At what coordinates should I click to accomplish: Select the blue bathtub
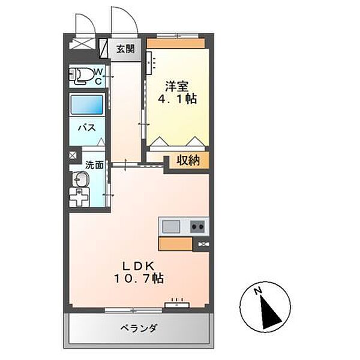point(87,105)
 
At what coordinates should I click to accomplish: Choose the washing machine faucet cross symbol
point(79,197)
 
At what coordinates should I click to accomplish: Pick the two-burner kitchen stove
point(197,226)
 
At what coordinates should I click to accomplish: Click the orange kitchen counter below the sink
point(175,244)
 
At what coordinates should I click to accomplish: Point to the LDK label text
point(140,266)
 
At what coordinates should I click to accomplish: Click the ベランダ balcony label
point(139,328)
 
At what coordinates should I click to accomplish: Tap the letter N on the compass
point(257,292)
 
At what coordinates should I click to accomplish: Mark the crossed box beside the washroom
point(72,155)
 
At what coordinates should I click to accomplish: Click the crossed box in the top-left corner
point(79,44)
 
